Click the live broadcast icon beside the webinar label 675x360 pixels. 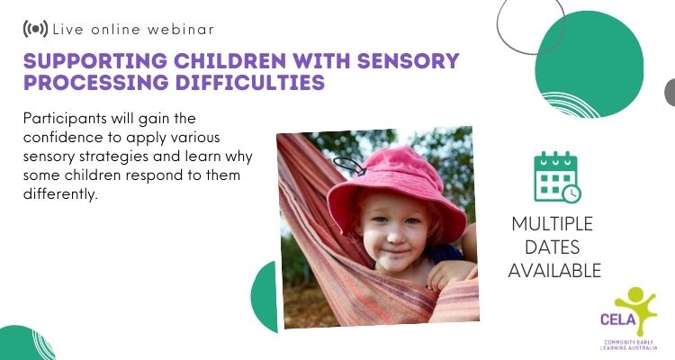pyautogui.click(x=35, y=29)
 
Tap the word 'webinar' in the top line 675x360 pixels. pyautogui.click(x=181, y=30)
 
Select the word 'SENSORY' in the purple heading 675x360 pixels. pyautogui.click(x=408, y=60)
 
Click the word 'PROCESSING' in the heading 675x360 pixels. pyautogui.click(x=96, y=82)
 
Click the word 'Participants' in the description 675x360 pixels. pyautogui.click(x=65, y=119)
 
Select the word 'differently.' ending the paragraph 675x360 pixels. pyautogui.click(x=60, y=193)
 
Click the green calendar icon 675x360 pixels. pyautogui.click(x=557, y=176)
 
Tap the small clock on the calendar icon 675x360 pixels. pyautogui.click(x=571, y=193)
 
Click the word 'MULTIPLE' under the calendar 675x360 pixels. pyautogui.click(x=553, y=224)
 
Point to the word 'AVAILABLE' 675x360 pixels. pyautogui.click(x=554, y=271)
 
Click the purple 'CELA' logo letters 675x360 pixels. pyautogui.click(x=618, y=319)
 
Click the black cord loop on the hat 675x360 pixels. pyautogui.click(x=348, y=166)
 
